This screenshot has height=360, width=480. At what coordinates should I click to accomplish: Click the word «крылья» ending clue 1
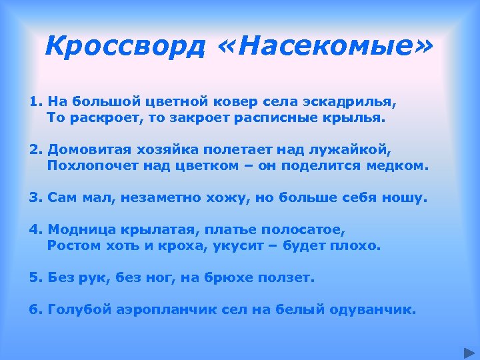pyautogui.click(x=361, y=118)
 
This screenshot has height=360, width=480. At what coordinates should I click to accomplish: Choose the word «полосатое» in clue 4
pyautogui.click(x=311, y=230)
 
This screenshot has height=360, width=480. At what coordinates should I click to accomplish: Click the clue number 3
pyautogui.click(x=35, y=198)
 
